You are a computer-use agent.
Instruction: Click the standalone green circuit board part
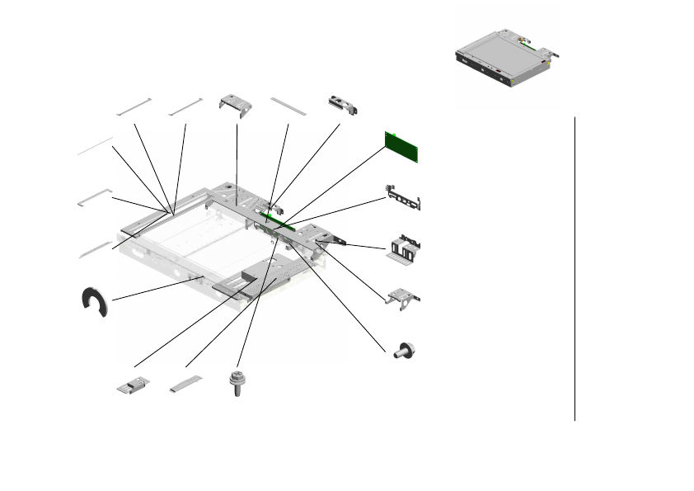click(x=402, y=146)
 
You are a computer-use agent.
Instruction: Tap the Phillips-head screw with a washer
click(x=236, y=385)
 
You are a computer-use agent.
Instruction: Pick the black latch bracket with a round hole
click(x=343, y=104)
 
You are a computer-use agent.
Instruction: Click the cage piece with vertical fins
click(x=404, y=249)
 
